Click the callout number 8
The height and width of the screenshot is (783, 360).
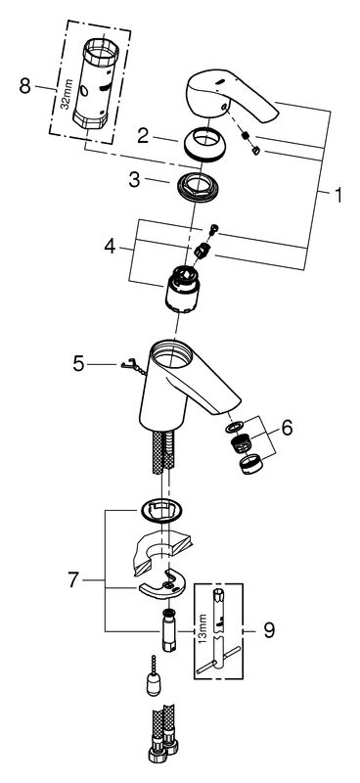(25, 86)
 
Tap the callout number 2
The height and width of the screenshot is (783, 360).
(143, 136)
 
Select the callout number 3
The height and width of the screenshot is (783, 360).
(134, 180)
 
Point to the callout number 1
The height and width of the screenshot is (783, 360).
(338, 195)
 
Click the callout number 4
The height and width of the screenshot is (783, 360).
(111, 247)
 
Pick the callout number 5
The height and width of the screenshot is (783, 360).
(78, 363)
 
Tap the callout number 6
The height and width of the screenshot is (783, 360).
(287, 428)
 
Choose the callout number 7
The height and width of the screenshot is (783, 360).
(73, 580)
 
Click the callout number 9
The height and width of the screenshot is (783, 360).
(269, 631)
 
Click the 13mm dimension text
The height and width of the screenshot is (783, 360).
(202, 631)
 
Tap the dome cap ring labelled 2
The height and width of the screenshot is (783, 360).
(204, 145)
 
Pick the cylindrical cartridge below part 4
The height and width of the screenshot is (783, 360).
(182, 290)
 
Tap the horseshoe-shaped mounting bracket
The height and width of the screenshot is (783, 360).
(162, 584)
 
